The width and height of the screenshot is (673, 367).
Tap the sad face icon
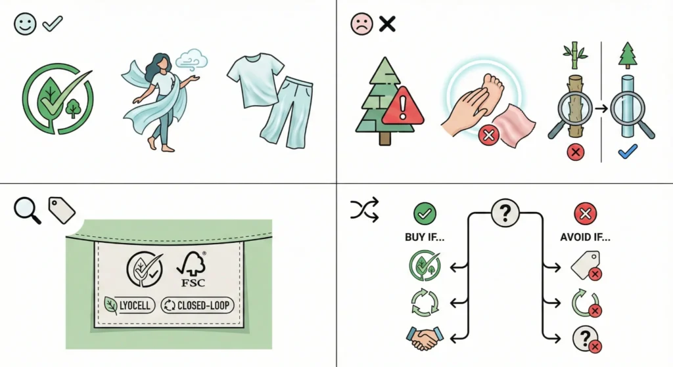[x=361, y=24]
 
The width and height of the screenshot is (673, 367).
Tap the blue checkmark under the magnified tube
[x=628, y=153]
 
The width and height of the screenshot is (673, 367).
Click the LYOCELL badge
[x=128, y=305]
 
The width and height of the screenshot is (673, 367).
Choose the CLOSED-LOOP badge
[x=197, y=305]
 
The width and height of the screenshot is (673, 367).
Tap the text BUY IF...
[x=423, y=238]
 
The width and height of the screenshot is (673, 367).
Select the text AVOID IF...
[x=584, y=238]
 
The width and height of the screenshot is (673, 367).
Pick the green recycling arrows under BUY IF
[x=424, y=301]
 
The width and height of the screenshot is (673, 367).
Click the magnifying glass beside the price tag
[x=26, y=211]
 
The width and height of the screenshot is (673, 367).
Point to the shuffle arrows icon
[x=363, y=211]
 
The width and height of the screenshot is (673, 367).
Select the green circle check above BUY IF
[x=424, y=213]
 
